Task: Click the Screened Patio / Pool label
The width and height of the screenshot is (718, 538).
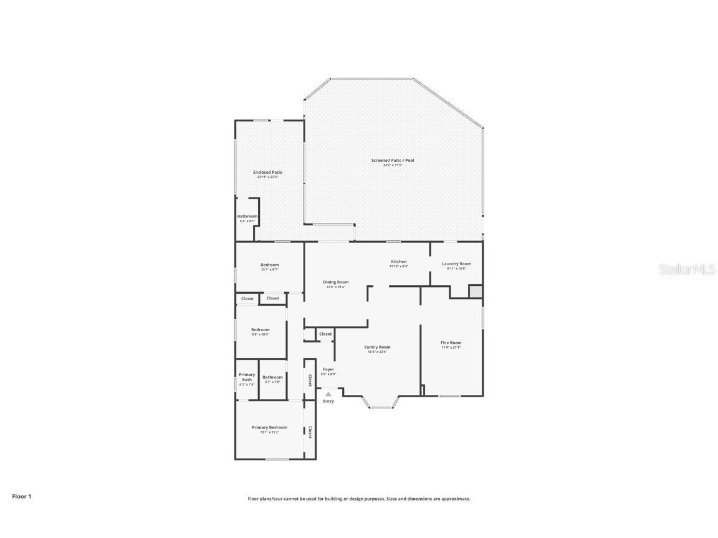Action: coord(393,160)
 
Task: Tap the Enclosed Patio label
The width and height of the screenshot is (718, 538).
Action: coord(267,172)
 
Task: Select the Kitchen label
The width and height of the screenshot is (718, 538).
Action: coord(399,262)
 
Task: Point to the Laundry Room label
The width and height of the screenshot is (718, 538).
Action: coord(456,264)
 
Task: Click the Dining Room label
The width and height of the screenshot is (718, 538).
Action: coord(335,282)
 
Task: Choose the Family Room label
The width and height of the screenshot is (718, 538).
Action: coord(377,347)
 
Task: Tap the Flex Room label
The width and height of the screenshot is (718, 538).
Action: coord(451,342)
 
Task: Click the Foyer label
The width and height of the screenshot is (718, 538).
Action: coord(328,369)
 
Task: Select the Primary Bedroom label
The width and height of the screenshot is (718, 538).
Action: coord(269,427)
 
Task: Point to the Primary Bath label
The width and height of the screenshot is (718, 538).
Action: coord(247,377)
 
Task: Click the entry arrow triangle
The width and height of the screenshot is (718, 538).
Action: coord(328,394)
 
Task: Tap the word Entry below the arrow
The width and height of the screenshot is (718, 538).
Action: coord(328,401)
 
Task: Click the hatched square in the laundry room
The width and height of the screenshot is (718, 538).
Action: coord(475,291)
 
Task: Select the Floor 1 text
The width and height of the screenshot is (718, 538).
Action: coord(21,496)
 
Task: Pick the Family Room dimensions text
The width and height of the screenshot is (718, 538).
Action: coord(377,352)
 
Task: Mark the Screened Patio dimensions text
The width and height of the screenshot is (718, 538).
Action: coord(393,165)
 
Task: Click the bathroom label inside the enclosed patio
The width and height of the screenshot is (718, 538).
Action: coord(247,216)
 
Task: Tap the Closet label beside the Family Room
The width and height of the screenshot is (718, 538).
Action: coord(325,334)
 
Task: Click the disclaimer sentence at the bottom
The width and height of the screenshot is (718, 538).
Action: coord(359,499)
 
